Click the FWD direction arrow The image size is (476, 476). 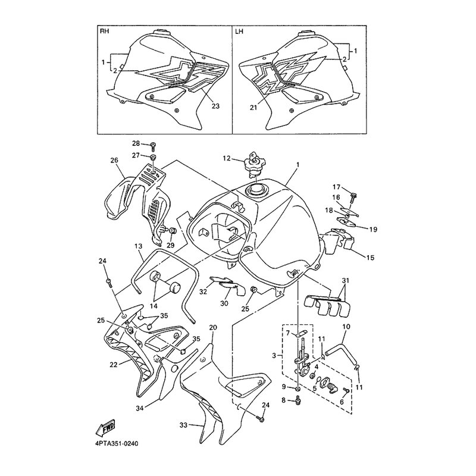tap(105, 430)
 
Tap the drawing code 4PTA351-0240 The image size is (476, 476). tap(117, 444)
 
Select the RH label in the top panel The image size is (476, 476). tap(104, 32)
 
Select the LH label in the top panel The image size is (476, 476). tap(239, 32)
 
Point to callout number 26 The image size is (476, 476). tap(114, 160)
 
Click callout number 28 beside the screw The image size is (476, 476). tap(136, 143)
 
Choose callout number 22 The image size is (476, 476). tap(113, 365)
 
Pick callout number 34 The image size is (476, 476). tap(140, 408)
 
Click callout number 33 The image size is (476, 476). tap(183, 425)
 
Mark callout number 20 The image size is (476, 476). tap(214, 327)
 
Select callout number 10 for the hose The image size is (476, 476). tap(346, 327)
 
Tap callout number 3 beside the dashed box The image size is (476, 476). tap(274, 355)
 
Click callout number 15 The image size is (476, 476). tap(370, 258)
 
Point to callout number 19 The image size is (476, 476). tap(373, 230)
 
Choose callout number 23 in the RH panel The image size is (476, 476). tap(215, 107)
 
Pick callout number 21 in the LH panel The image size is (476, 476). tap(253, 108)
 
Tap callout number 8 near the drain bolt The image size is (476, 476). tap(284, 400)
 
